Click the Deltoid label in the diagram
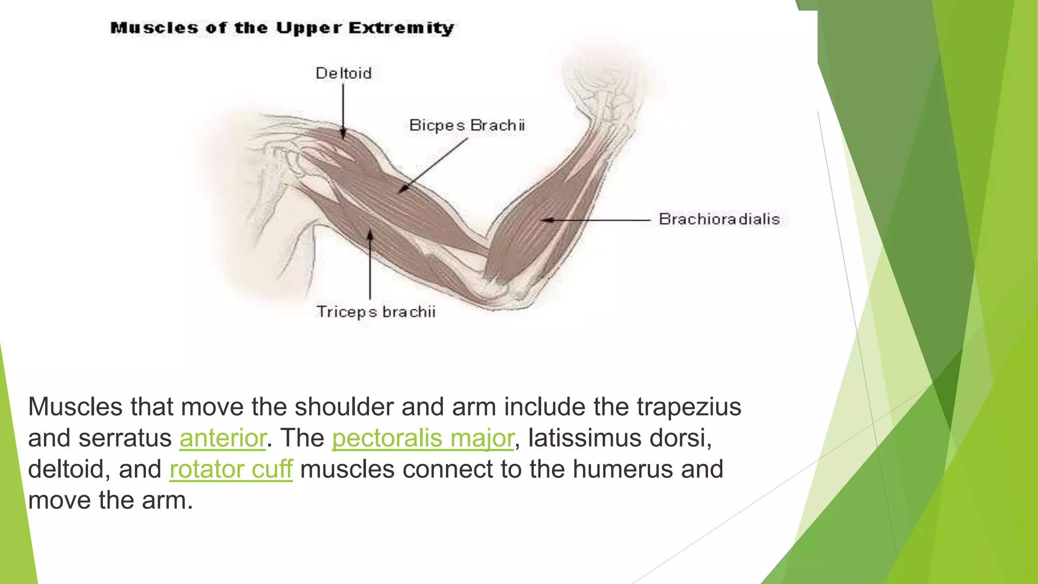[x=344, y=74]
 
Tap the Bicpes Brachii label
[x=467, y=125]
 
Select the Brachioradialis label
[x=719, y=219]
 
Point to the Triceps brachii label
[x=376, y=312]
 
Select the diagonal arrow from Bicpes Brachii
[x=433, y=165]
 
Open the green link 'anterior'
[x=223, y=438]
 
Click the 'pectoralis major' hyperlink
[x=423, y=438]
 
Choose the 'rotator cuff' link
[x=231, y=469]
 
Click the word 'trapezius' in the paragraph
[x=689, y=407]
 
